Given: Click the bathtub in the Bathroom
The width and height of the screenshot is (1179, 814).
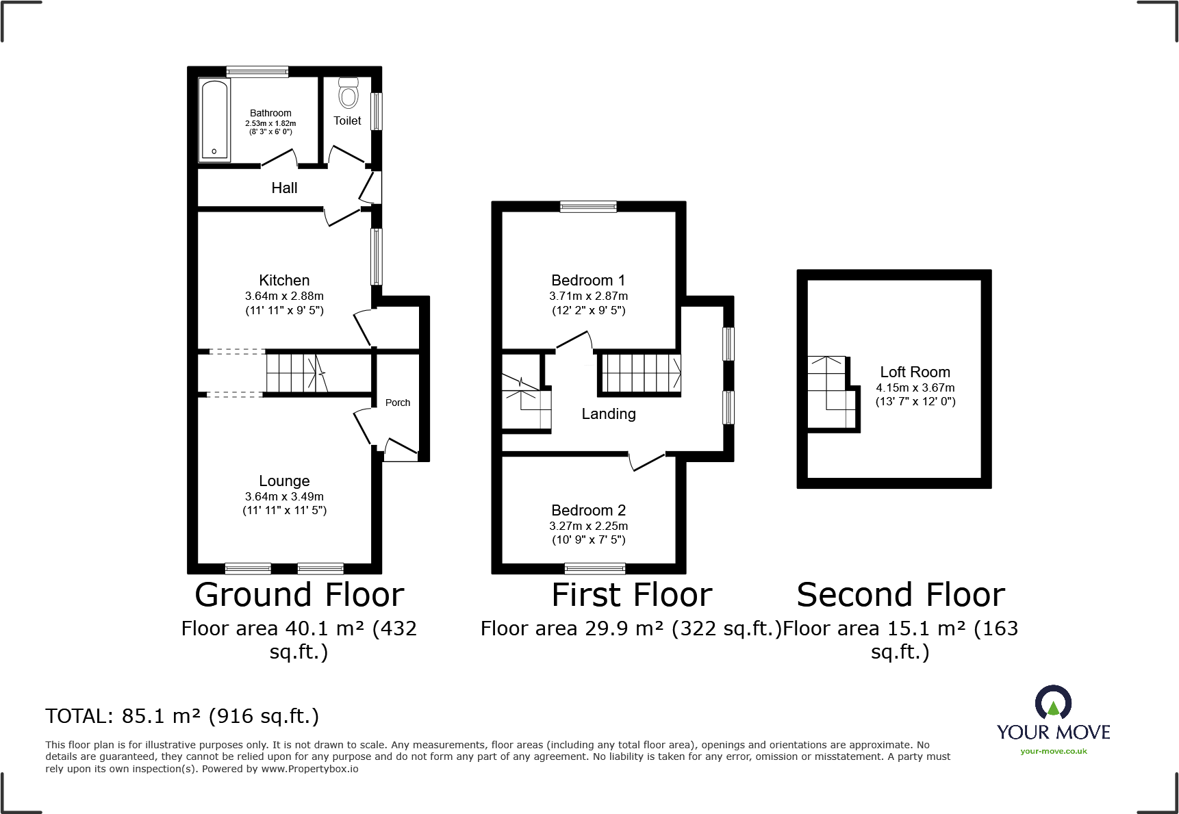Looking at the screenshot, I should [214, 120].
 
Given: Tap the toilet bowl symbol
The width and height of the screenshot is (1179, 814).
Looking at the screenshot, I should [348, 94].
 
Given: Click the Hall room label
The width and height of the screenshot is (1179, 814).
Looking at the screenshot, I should [284, 188].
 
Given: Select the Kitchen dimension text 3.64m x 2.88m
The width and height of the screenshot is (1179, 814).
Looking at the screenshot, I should [284, 296].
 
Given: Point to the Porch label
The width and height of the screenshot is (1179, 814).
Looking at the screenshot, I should [398, 403].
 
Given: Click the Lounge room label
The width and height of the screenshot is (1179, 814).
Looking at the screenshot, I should [284, 481].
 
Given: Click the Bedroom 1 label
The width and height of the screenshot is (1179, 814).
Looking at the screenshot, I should [588, 280].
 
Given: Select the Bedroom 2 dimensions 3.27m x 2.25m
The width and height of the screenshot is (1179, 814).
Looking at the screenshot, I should [588, 526].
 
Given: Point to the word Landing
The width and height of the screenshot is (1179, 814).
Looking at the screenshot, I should [609, 414].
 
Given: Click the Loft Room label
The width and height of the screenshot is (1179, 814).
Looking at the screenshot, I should [915, 372].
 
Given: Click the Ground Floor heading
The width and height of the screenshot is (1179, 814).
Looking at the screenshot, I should [299, 594].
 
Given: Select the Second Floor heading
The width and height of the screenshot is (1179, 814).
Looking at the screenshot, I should [900, 594].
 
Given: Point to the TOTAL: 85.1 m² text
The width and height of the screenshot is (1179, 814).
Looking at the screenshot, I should [182, 716].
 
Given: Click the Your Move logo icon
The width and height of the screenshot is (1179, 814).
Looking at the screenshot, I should [1053, 703].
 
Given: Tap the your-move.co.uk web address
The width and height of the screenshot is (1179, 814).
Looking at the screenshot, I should [1053, 751].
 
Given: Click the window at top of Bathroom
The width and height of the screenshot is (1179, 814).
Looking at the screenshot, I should [257, 71].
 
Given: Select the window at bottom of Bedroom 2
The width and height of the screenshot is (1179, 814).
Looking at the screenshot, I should [594, 568].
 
